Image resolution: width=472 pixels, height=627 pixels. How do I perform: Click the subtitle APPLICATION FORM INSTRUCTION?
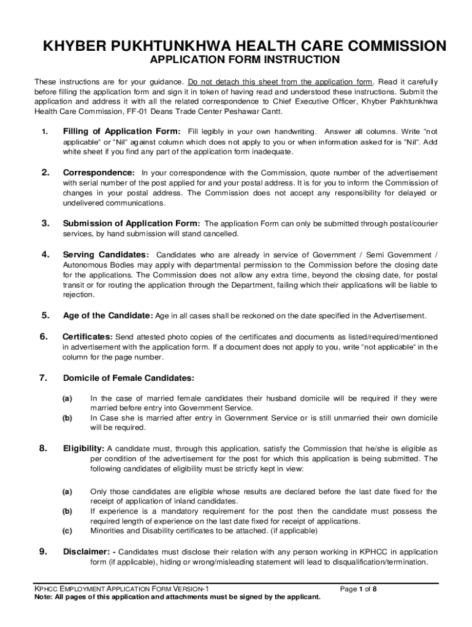pos(245,60)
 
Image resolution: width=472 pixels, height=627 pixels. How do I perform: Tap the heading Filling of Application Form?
pos(121,132)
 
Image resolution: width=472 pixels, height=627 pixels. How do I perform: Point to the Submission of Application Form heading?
pos(131,223)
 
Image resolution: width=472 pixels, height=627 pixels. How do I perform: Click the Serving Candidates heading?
pos(105,254)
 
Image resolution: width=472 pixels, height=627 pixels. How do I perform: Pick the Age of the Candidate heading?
pos(107,316)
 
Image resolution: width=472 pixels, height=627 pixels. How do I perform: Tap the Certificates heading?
pos(88,337)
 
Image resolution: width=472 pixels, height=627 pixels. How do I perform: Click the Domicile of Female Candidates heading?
pos(129,378)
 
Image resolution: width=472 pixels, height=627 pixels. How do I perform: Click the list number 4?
pos(45,254)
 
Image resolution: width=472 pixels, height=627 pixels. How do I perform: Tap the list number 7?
pos(44,378)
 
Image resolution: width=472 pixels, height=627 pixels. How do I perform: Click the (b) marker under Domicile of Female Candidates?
pos(67,418)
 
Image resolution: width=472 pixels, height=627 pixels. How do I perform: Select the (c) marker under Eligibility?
pos(67,530)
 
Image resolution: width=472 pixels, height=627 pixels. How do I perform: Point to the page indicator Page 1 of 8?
pos(359,589)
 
